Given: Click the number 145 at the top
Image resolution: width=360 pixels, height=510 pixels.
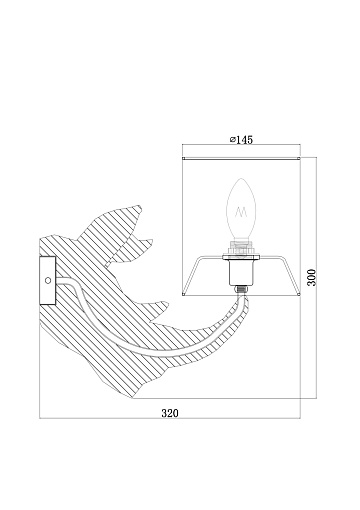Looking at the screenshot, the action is pyautogui.click(x=245, y=140).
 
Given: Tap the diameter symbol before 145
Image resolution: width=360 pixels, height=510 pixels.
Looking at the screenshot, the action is pyautogui.click(x=233, y=140).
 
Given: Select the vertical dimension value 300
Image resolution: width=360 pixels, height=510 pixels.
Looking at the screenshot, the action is pyautogui.click(x=311, y=277).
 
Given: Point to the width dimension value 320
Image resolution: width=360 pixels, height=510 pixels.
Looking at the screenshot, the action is pyautogui.click(x=170, y=413).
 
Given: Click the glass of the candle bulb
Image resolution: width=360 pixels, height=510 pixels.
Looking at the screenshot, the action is pyautogui.click(x=241, y=209).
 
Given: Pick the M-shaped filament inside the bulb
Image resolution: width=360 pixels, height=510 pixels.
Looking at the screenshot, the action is pyautogui.click(x=241, y=212).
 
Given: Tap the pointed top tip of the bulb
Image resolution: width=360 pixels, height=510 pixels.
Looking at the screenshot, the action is pyautogui.click(x=241, y=179).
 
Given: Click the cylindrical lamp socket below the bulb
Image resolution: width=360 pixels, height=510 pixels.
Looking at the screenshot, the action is pyautogui.click(x=241, y=271).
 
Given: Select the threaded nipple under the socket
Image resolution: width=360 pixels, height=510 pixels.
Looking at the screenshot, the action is pyautogui.click(x=241, y=289).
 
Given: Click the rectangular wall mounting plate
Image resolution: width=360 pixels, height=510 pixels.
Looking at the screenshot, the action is pyautogui.click(x=47, y=280).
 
